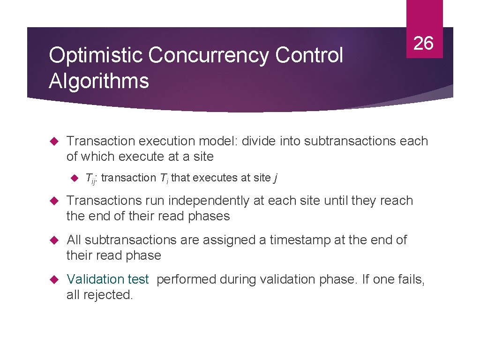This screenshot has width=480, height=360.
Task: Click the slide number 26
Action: pyautogui.click(x=424, y=43)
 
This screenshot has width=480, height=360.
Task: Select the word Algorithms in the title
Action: pyautogui.click(x=99, y=81)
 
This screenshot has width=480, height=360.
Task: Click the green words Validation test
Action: pyautogui.click(x=107, y=279)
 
